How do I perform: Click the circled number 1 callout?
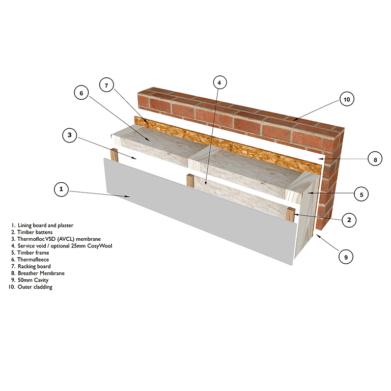coord(61,189)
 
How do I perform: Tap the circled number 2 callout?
coord(349,220)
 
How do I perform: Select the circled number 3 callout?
coord(70,135)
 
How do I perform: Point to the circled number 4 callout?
coord(220,82)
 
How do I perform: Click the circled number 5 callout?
coord(361,194)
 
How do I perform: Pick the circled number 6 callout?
coord(81,93)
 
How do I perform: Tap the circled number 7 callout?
coord(106,85)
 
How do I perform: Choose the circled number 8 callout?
coord(375,159)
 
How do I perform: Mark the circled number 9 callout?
coord(346,257)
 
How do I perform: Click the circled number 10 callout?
coord(347,99)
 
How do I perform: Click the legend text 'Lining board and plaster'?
coord(45,226)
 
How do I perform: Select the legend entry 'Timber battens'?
coord(35,232)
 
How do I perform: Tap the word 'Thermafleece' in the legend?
coord(33,260)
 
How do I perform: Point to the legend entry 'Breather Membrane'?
coord(41,273)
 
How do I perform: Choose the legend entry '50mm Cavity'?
coord(33,280)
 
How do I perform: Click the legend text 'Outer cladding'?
coord(35,287)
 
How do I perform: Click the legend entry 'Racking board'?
coord(34,267)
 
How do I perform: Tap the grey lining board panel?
coord(200,212)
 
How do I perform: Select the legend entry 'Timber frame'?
coord(33,253)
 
